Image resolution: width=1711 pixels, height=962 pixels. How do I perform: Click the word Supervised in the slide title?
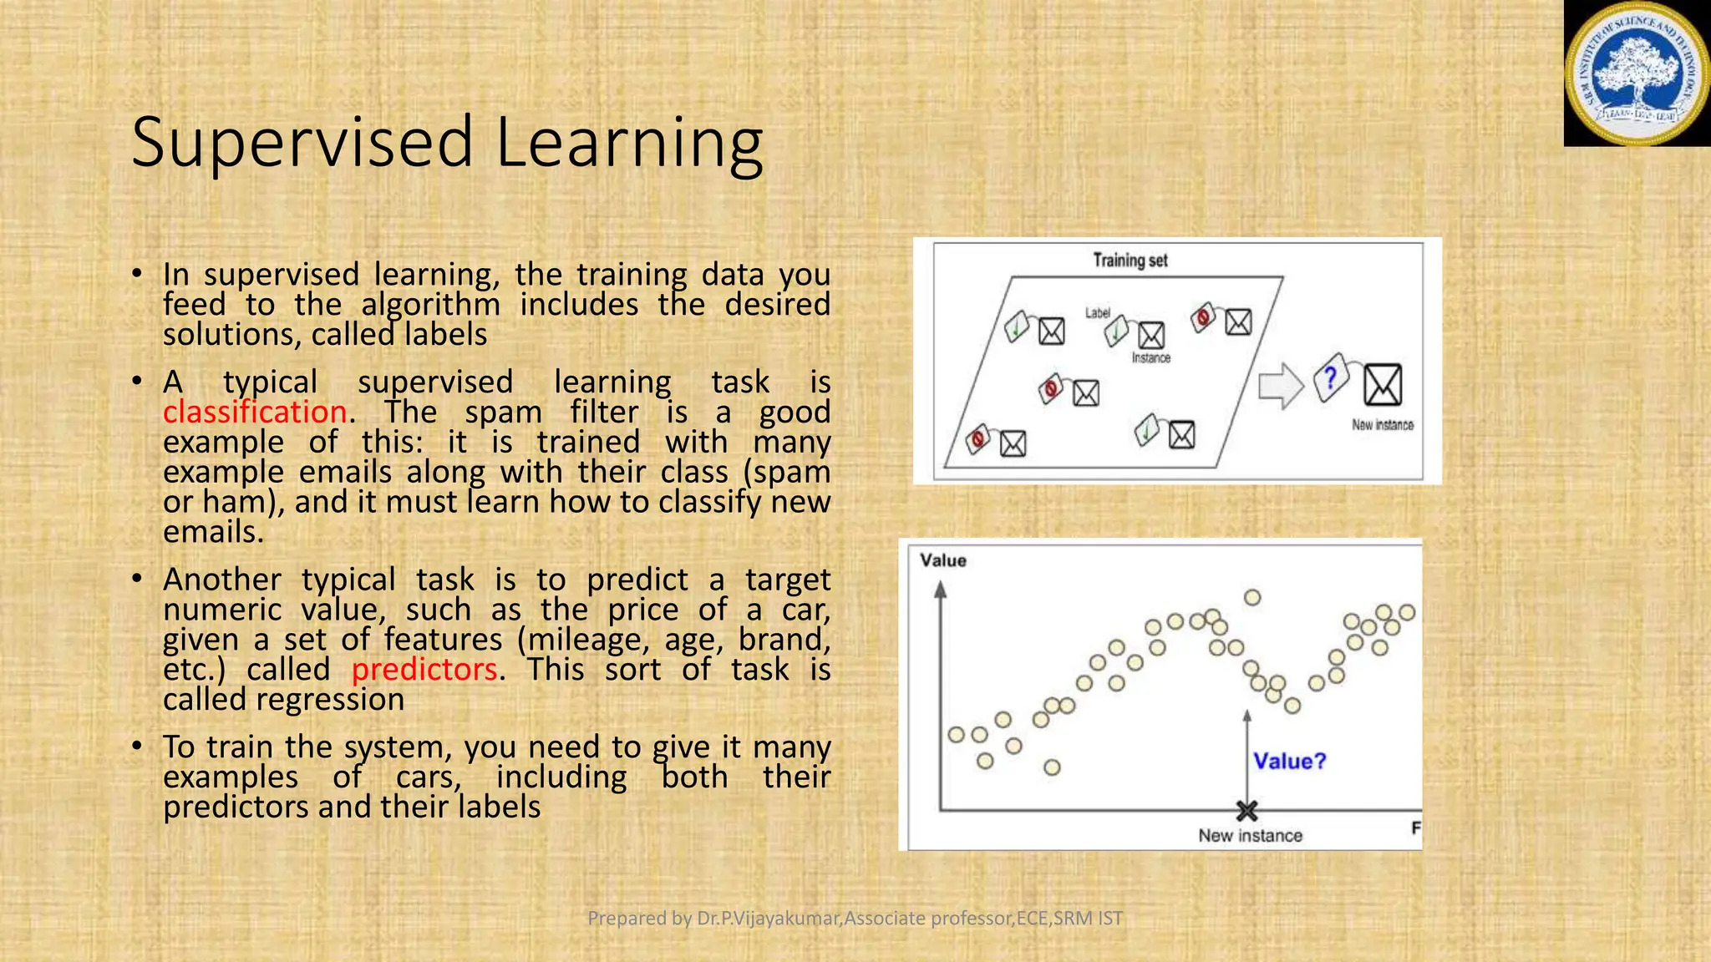pyautogui.click(x=302, y=144)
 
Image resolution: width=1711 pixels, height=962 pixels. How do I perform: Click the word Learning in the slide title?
pyautogui.click(x=628, y=144)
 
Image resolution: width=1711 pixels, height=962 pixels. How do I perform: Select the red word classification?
pyautogui.click(x=255, y=413)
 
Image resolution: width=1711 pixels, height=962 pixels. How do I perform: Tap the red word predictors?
pyautogui.click(x=424, y=670)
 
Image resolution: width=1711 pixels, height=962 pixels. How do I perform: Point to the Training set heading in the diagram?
pyautogui.click(x=1130, y=261)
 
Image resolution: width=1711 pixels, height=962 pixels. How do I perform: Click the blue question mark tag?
pyautogui.click(x=1331, y=378)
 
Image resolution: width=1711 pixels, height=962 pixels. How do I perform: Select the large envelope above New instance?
pyautogui.click(x=1383, y=385)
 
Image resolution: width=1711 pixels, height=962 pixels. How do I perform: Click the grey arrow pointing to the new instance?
pyautogui.click(x=1281, y=386)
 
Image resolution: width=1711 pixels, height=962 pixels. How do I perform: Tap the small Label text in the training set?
pyautogui.click(x=1097, y=313)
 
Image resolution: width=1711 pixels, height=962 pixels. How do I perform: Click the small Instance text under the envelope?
pyautogui.click(x=1150, y=358)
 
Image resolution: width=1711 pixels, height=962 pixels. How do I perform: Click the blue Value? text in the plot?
pyautogui.click(x=1289, y=762)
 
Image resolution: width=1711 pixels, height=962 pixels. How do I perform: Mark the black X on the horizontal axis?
pyautogui.click(x=1246, y=810)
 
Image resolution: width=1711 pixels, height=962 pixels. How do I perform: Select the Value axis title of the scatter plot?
pyautogui.click(x=942, y=560)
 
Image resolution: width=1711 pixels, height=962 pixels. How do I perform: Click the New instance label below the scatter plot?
pyautogui.click(x=1250, y=836)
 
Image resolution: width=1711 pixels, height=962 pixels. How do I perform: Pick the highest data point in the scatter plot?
pyautogui.click(x=1252, y=597)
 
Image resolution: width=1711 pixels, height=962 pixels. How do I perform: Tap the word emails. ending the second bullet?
pyautogui.click(x=213, y=532)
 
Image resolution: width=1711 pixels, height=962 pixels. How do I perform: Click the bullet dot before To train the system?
pyautogui.click(x=137, y=747)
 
